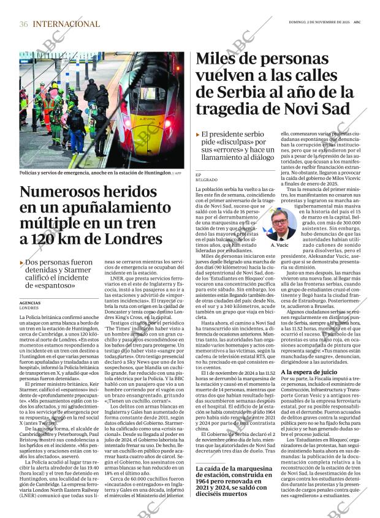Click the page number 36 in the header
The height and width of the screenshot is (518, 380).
(23, 24)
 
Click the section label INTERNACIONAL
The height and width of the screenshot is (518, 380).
(66, 24)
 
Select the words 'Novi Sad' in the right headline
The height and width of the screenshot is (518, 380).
(324, 110)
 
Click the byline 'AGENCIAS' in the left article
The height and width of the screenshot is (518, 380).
(31, 303)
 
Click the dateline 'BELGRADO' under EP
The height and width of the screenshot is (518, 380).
(206, 180)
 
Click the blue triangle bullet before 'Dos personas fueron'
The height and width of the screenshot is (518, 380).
(21, 262)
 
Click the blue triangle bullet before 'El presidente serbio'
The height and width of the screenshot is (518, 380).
(197, 133)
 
